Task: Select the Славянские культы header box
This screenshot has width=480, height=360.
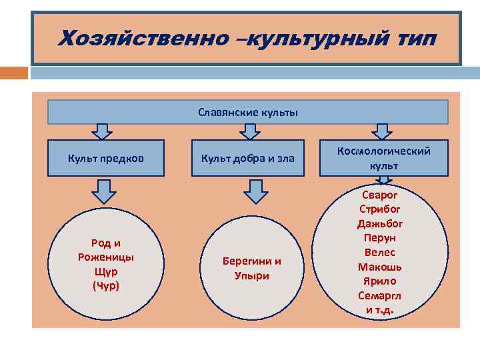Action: [248, 112]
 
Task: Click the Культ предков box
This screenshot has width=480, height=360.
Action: [106, 158]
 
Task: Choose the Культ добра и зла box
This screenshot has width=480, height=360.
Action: [248, 158]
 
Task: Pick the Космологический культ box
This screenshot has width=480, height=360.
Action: [383, 158]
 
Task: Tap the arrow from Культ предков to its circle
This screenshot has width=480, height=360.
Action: [103, 191]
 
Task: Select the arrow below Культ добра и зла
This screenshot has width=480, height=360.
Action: [255, 191]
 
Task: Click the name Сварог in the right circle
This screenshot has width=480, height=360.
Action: [380, 195]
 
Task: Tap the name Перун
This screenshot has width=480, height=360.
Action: [380, 237]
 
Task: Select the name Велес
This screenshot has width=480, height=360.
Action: [380, 252]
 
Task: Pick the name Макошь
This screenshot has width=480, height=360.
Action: [380, 267]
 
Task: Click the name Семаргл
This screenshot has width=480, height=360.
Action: [380, 295]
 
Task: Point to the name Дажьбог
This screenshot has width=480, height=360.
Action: [380, 223]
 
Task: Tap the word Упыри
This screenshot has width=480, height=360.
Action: [252, 275]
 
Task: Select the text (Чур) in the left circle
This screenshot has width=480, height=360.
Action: [106, 286]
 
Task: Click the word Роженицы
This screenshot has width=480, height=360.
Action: [106, 257]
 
